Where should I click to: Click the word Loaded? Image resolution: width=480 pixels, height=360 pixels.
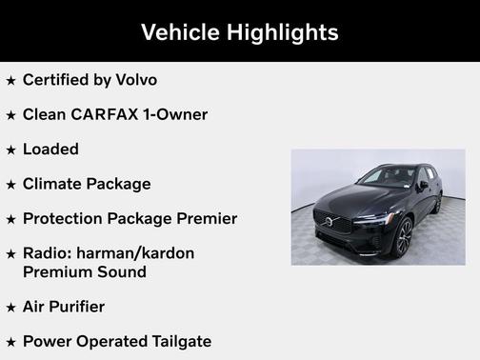click(x=50, y=150)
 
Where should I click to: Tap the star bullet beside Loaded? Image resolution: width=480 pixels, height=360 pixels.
click(x=10, y=150)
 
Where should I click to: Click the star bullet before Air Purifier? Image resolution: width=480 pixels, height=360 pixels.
click(x=10, y=308)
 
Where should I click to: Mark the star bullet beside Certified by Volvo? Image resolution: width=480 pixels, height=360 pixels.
click(x=10, y=81)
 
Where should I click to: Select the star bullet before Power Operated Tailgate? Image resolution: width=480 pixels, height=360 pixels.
click(x=10, y=342)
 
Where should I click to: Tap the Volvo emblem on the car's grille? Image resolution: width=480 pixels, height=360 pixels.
click(x=329, y=223)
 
